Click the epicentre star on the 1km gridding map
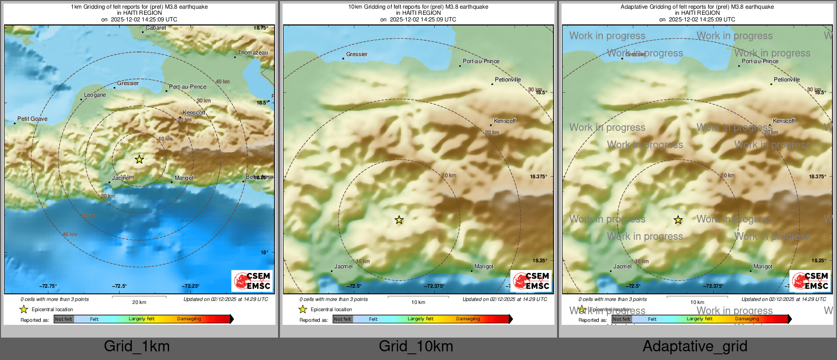[x=139, y=159]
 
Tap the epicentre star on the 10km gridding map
[x=399, y=220]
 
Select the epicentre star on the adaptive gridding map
[x=678, y=220]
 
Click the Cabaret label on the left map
[x=156, y=28]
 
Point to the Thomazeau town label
[x=253, y=52]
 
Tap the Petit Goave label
[x=32, y=119]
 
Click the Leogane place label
[x=95, y=95]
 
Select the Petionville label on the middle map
[x=508, y=79]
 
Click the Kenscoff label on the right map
[x=784, y=121]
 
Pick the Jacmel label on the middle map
[x=343, y=266]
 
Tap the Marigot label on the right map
[x=763, y=266]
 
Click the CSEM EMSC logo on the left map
[x=252, y=281]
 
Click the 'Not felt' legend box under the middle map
[x=343, y=319]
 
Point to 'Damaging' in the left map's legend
[x=189, y=319]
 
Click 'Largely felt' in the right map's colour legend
[x=699, y=319]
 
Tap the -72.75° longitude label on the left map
[x=48, y=286]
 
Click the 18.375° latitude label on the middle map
[x=538, y=177]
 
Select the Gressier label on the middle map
[x=356, y=54]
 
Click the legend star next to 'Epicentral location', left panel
[x=23, y=309]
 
